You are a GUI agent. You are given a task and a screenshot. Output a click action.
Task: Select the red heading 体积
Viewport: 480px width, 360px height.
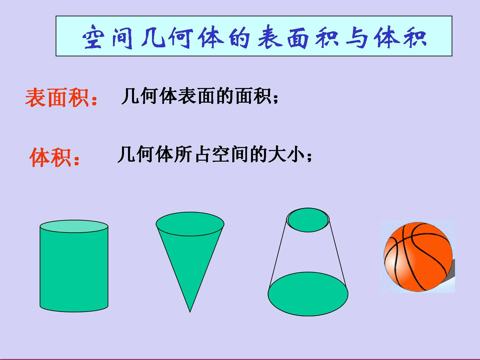(51, 157)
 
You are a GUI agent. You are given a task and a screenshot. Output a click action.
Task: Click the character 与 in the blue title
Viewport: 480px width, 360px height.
(357, 37)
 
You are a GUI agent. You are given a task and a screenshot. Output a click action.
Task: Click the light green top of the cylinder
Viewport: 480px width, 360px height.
(74, 226)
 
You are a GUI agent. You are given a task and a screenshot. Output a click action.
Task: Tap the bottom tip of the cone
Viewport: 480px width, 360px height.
(190, 312)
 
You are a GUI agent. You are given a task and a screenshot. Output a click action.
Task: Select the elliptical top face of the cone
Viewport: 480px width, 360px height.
(190, 224)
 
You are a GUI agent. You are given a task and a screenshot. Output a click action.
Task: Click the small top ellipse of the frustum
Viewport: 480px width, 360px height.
(308, 220)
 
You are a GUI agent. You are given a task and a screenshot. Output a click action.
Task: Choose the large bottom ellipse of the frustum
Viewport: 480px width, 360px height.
(308, 294)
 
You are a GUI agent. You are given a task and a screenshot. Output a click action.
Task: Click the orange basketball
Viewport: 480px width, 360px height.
(418, 257)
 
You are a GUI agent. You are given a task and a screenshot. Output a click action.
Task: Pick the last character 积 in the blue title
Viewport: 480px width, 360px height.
(415, 37)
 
